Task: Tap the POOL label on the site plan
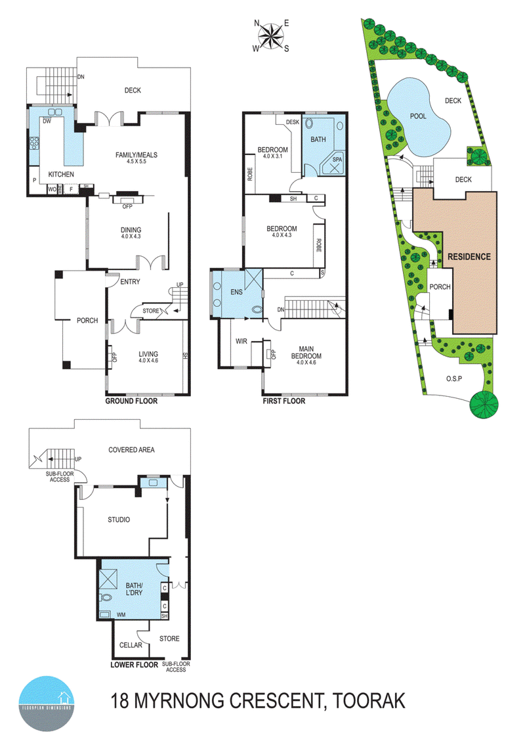click(x=418, y=116)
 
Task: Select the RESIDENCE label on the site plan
click(x=469, y=257)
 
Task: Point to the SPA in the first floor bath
click(x=337, y=160)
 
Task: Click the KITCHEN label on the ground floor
click(x=60, y=174)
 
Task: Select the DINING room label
click(x=131, y=230)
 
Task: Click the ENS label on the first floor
click(x=236, y=291)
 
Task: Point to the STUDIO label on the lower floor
click(x=119, y=520)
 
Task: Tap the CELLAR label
click(x=131, y=645)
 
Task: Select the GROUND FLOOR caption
click(x=131, y=401)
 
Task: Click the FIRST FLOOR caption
click(x=283, y=401)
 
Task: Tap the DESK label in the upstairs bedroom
click(x=292, y=122)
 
